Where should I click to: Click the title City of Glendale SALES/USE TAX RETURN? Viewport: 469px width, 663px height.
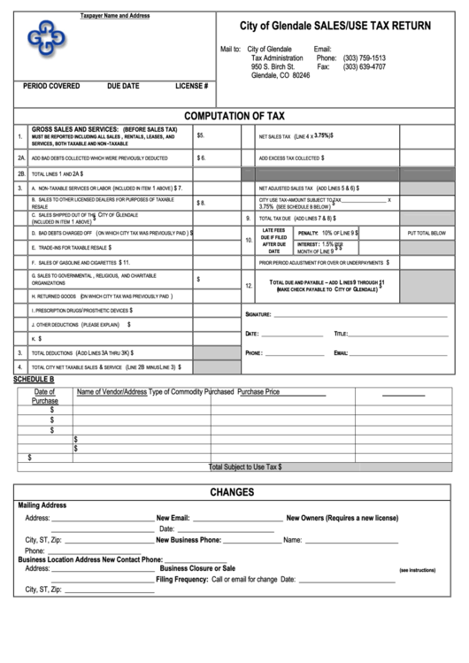point(335,27)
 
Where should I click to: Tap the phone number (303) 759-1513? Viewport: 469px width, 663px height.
point(364,58)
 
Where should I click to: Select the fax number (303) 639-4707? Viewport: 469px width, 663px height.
point(364,66)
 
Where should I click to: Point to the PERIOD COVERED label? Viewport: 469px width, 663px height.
point(51,86)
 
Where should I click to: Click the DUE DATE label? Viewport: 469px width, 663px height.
point(123,86)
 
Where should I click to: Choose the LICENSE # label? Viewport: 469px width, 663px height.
point(191,86)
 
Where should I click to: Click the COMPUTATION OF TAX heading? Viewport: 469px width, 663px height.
point(234,115)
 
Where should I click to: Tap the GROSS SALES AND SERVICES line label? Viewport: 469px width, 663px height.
point(104,129)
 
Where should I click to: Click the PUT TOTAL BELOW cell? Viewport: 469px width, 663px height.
point(425,233)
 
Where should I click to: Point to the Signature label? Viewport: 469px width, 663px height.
point(258,314)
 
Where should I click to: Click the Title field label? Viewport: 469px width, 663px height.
point(341,334)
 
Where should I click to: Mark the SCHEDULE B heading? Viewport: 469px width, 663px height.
point(34,379)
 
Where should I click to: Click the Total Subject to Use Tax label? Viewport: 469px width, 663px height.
point(245,466)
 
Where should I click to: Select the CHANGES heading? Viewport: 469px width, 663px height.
point(233,492)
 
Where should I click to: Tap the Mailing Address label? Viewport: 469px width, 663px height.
point(42,505)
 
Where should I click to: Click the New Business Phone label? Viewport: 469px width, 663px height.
point(188,539)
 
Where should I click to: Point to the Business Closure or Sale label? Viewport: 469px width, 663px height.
point(197,568)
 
